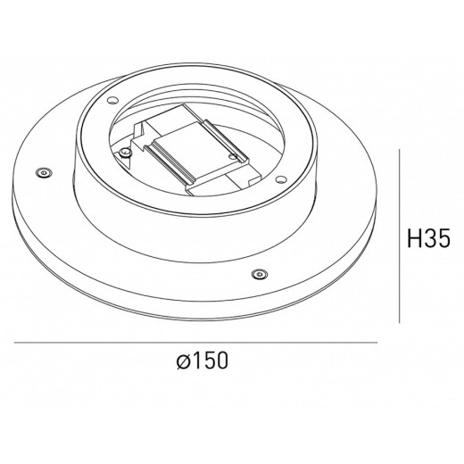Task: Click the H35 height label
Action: point(427,239)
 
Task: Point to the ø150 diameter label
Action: point(202,361)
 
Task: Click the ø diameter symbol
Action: point(182,362)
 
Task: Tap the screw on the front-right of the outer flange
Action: point(260,273)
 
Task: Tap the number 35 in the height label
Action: point(435,239)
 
